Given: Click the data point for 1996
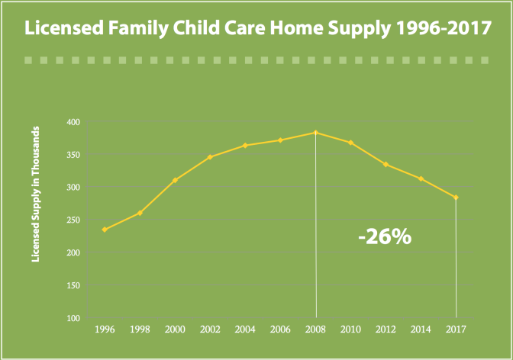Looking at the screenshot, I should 105,230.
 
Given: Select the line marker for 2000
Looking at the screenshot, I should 175,181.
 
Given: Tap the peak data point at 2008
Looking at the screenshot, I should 315,133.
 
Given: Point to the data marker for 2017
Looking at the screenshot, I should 456,198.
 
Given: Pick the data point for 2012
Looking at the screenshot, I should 386,164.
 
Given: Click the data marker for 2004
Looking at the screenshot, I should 245,145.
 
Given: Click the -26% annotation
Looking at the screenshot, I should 385,236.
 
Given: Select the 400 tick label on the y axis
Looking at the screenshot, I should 73,122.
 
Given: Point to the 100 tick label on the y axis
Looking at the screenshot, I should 73,318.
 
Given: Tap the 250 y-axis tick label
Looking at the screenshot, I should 73,220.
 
